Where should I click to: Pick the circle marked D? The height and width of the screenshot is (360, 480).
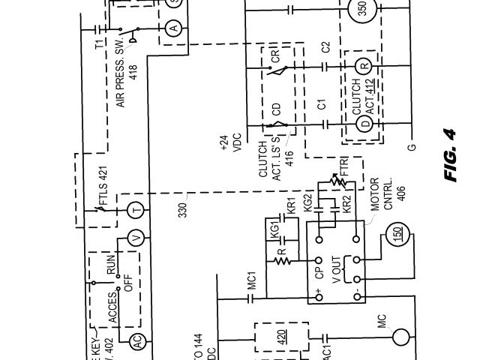(x=364, y=122)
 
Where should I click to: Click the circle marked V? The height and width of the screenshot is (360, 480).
(x=136, y=238)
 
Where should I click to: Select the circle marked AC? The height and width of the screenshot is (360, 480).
(x=136, y=340)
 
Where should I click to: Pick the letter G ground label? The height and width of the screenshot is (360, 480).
(x=411, y=145)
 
